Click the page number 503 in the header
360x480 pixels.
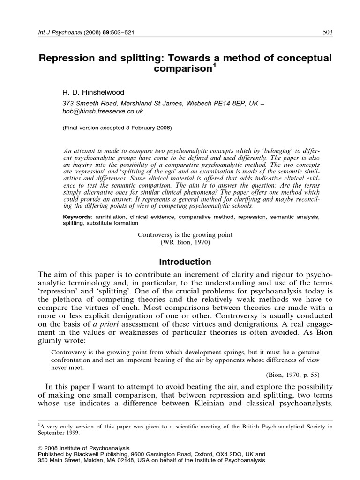pyautogui.click(x=328, y=32)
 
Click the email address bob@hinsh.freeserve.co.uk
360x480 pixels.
pyautogui.click(x=103, y=112)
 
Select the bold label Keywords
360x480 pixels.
pyautogui.click(x=78, y=217)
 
